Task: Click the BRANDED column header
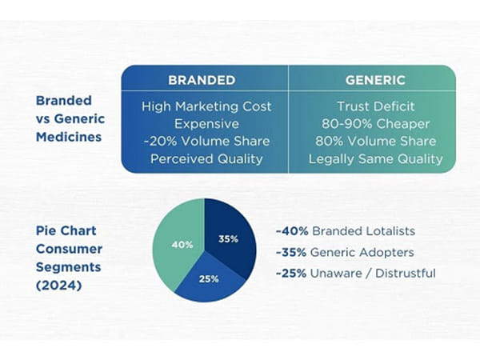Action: [x=201, y=80]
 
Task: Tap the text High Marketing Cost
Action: [x=206, y=106]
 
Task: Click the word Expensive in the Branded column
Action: [x=206, y=123]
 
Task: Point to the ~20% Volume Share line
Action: [x=206, y=141]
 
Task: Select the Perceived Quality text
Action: [x=206, y=158]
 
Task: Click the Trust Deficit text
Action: [x=375, y=106]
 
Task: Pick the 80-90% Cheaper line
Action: [x=375, y=123]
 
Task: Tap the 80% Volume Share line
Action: [x=375, y=141]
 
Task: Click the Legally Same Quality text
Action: [x=375, y=158]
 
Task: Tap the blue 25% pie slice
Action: [x=210, y=280]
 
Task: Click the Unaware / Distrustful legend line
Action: [x=355, y=274]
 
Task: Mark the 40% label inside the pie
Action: [x=182, y=245]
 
